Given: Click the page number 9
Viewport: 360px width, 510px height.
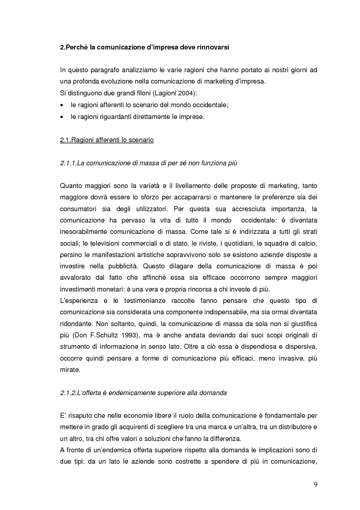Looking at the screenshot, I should click(315, 484).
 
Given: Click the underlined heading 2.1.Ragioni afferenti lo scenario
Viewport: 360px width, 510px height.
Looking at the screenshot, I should click(107, 141).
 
